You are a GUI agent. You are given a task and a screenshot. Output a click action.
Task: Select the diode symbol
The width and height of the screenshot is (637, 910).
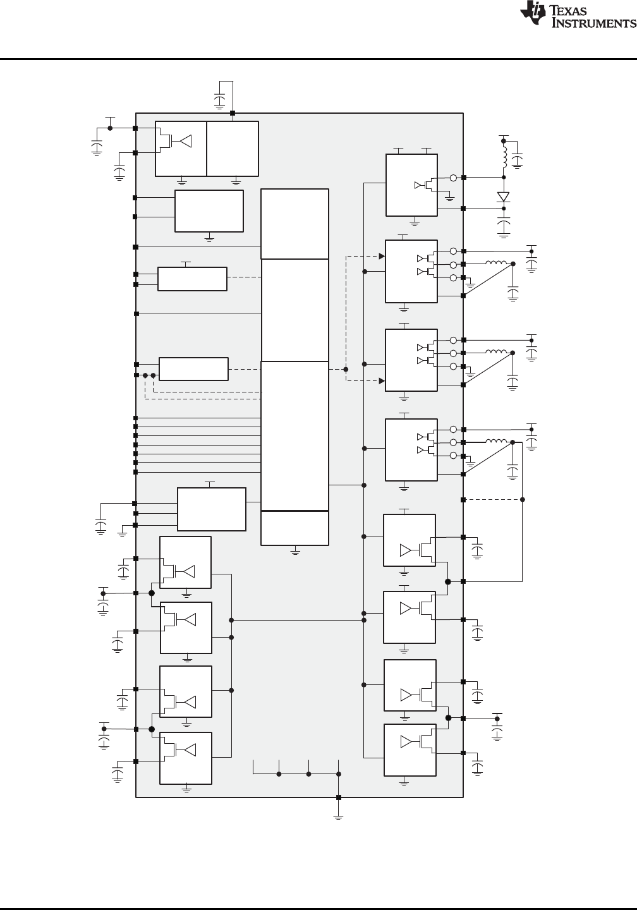tap(504, 196)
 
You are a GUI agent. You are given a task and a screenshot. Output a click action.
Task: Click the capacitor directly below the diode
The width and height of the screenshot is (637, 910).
tap(504, 225)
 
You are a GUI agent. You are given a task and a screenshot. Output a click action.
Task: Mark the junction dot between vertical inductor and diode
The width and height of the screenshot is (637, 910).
tap(504, 178)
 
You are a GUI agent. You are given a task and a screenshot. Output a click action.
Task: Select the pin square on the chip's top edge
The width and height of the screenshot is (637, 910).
tap(233, 114)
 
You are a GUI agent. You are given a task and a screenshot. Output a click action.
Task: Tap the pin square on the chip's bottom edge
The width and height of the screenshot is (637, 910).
tap(339, 798)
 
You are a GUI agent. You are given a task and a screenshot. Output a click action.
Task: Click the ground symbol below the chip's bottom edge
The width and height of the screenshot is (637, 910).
tap(339, 817)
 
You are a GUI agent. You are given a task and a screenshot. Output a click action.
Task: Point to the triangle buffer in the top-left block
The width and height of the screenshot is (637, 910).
tap(185, 141)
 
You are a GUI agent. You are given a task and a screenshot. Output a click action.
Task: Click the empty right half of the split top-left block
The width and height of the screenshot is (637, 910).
tap(233, 149)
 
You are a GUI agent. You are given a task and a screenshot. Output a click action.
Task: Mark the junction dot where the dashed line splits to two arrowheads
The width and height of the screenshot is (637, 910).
tap(346, 369)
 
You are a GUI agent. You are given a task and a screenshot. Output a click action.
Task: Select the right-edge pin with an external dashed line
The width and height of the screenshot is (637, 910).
tap(464, 500)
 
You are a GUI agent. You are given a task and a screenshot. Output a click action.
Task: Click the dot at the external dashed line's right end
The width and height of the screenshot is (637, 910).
tap(523, 500)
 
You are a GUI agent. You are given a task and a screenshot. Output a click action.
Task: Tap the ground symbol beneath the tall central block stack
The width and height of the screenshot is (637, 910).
tap(295, 552)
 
